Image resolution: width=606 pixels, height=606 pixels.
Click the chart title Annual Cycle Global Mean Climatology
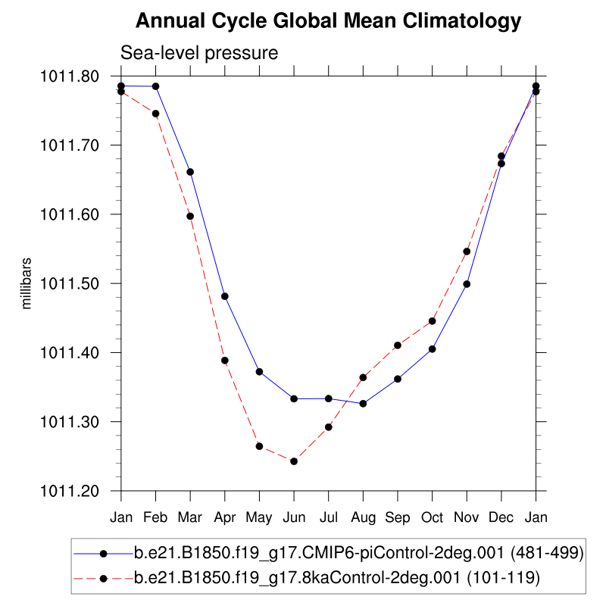pyautogui.click(x=328, y=21)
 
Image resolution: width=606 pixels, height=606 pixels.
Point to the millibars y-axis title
pyautogui.click(x=27, y=283)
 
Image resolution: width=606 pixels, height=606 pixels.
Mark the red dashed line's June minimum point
pyautogui.click(x=294, y=461)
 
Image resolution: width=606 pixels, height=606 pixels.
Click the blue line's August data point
pyautogui.click(x=363, y=404)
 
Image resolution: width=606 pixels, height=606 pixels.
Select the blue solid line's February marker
pyautogui.click(x=156, y=86)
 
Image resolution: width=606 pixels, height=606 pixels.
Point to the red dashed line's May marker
pyautogui.click(x=259, y=446)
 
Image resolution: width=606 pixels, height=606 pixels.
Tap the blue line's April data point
pyautogui.click(x=225, y=296)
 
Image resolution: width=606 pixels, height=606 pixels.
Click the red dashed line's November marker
pyautogui.click(x=467, y=251)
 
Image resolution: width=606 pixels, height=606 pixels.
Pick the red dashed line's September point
pyautogui.click(x=398, y=345)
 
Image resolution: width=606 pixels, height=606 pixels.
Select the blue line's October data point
pyautogui.click(x=433, y=349)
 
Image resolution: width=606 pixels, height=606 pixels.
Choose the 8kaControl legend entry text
pyautogui.click(x=336, y=579)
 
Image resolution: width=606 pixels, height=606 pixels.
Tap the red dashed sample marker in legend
pyautogui.click(x=103, y=579)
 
